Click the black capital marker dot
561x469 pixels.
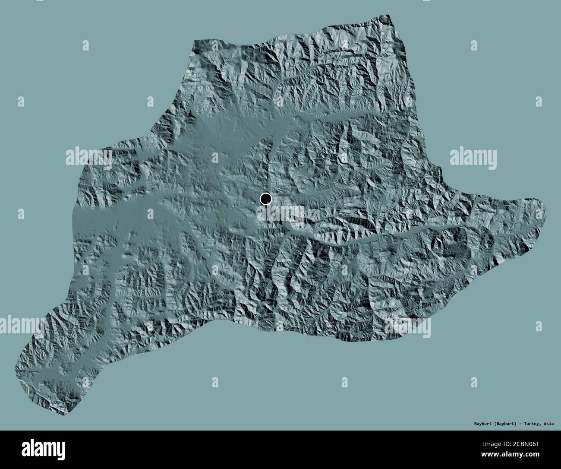point(266,199)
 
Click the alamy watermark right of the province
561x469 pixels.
point(473,156)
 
